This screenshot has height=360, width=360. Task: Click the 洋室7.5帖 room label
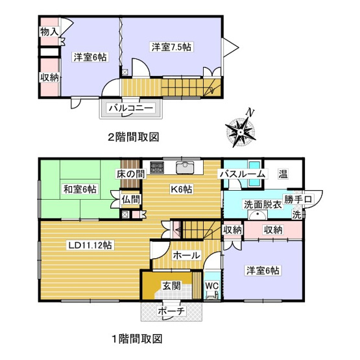tap(172, 47)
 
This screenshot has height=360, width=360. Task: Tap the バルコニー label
tap(130, 107)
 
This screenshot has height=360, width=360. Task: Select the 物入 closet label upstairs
tap(50, 31)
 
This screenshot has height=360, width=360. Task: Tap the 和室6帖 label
tap(80, 189)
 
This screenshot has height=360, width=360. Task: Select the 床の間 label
tap(130, 173)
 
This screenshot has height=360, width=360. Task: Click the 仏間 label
tap(130, 200)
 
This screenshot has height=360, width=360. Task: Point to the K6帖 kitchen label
tap(181, 189)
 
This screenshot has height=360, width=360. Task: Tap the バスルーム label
tap(242, 174)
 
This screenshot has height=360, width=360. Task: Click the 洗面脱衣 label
tap(262, 204)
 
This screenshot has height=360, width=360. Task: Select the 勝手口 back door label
tap(298, 198)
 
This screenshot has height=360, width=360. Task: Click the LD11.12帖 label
tap(90, 245)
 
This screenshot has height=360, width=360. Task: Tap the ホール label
tap(187, 256)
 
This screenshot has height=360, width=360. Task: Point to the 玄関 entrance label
tap(172, 285)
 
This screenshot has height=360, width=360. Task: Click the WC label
tap(212, 285)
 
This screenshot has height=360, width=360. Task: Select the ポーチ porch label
tap(173, 311)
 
